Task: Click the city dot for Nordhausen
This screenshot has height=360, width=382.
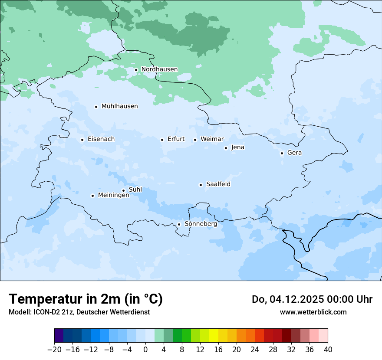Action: click(136, 70)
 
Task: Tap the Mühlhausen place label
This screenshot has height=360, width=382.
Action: click(119, 106)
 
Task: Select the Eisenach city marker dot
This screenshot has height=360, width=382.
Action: click(82, 140)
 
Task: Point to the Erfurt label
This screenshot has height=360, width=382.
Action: click(176, 139)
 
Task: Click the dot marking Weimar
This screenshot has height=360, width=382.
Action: click(195, 140)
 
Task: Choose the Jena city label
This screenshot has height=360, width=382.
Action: click(237, 147)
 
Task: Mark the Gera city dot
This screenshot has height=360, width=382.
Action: click(282, 153)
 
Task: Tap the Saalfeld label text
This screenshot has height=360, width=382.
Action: click(218, 184)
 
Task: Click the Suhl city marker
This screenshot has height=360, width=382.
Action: click(123, 190)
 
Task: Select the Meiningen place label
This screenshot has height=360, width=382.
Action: click(113, 196)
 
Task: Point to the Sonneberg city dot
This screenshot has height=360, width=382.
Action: click(179, 225)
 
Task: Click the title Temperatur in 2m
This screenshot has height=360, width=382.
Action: click(86, 299)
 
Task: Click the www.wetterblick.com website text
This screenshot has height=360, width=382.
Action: click(313, 312)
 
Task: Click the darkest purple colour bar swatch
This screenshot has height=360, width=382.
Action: click(59, 336)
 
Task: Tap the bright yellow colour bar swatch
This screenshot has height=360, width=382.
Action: click(214, 336)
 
